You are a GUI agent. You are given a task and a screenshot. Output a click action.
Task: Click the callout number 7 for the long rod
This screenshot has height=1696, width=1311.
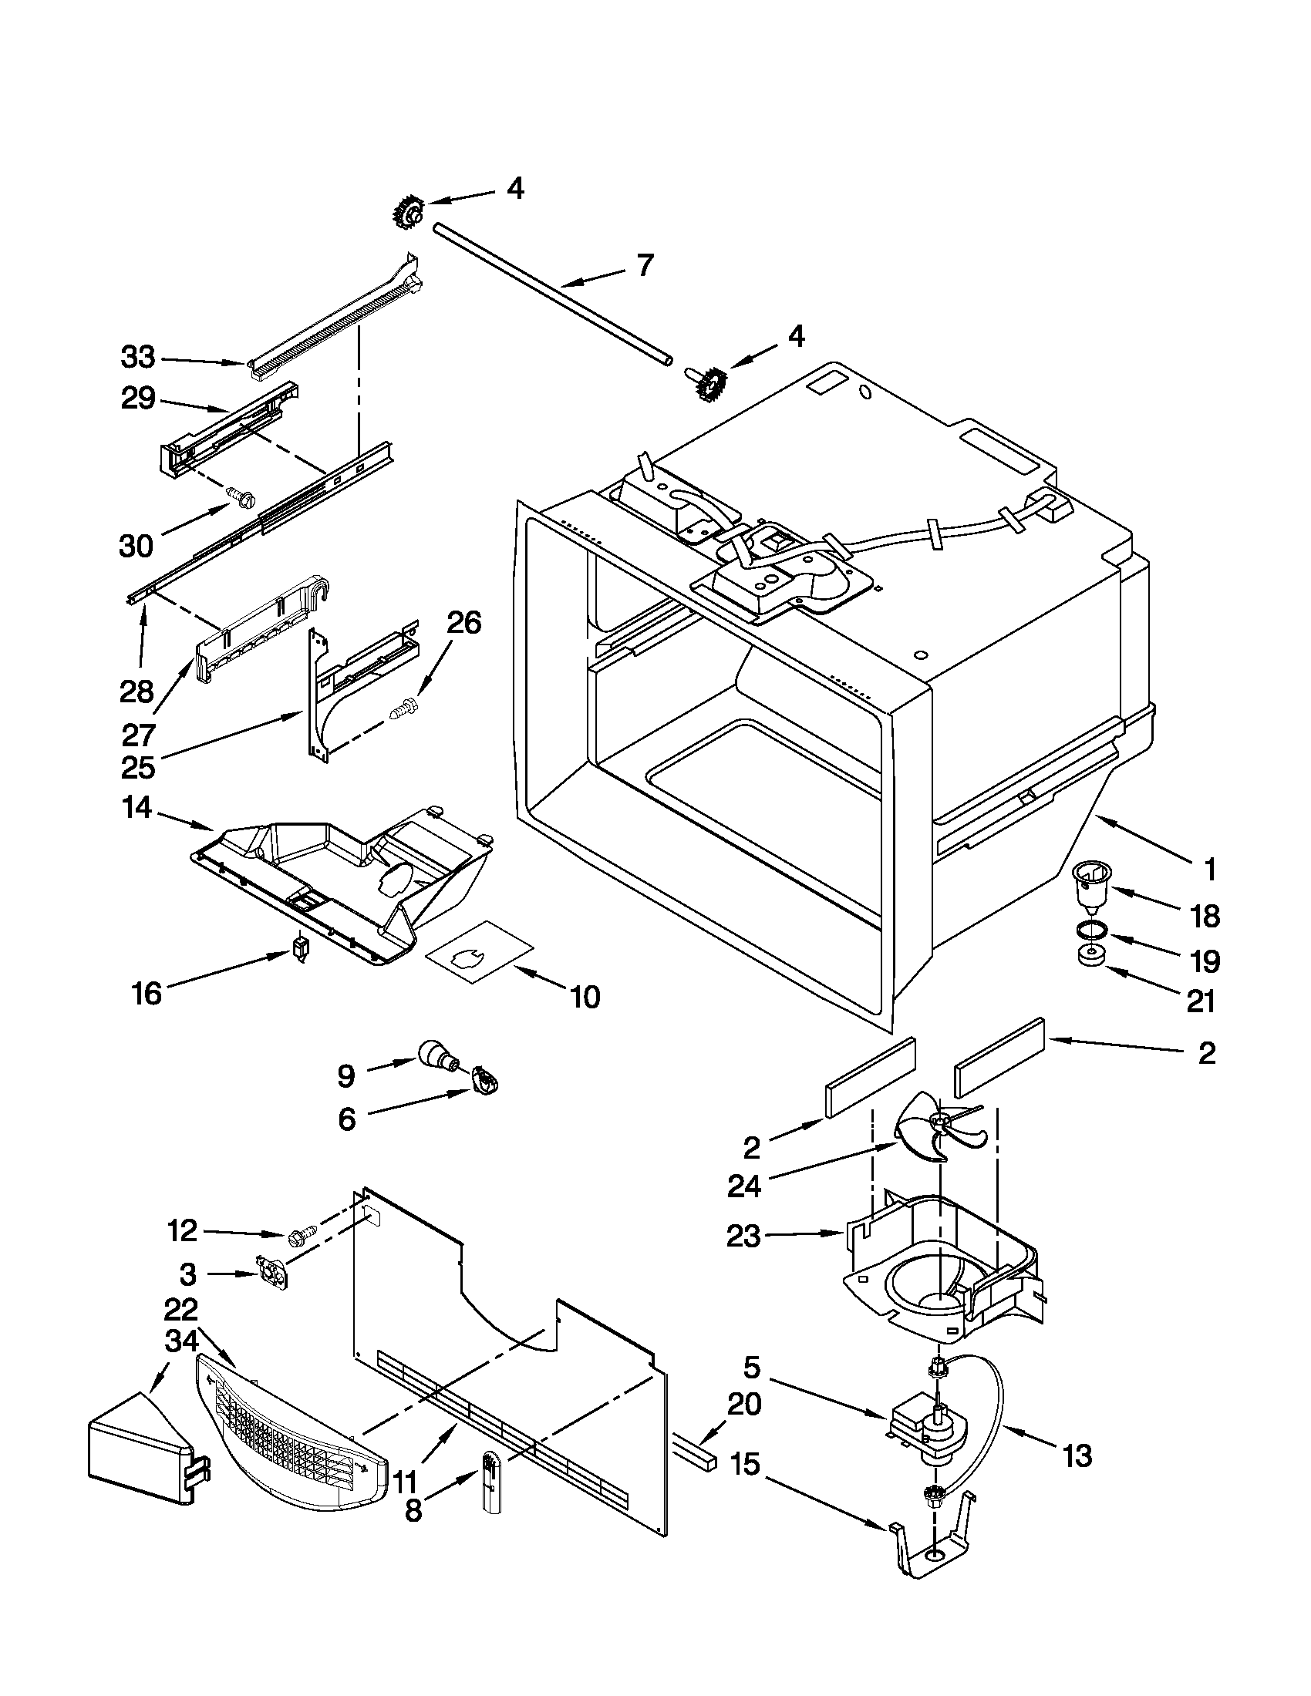click(645, 267)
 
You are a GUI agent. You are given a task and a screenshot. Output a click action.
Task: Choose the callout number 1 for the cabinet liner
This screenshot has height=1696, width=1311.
click(1208, 870)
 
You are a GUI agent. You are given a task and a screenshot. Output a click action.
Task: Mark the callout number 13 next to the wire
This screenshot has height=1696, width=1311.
click(1077, 1455)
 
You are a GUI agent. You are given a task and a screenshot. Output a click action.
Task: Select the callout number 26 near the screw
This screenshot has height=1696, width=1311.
click(463, 623)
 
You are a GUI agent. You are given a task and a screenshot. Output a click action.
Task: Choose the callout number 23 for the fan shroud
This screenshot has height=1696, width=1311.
click(743, 1236)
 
